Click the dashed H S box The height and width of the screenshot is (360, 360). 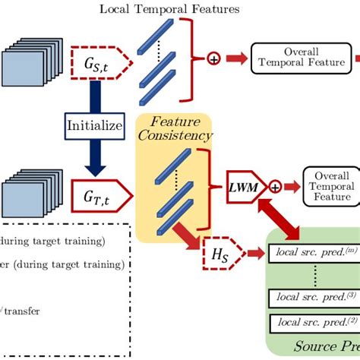coord(225,254)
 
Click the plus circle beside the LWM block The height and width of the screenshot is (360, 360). coord(274,185)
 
